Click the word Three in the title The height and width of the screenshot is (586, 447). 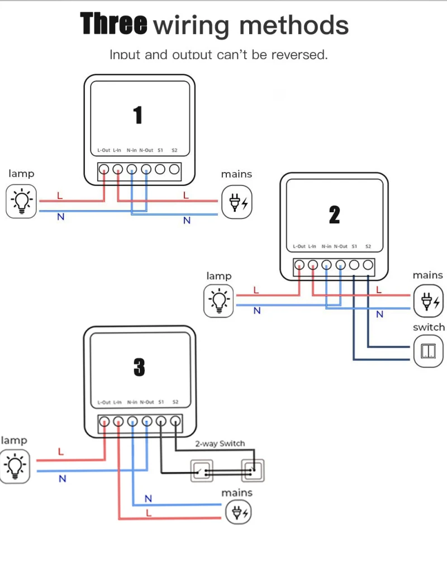pyautogui.click(x=113, y=24)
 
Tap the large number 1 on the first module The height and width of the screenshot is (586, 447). pyautogui.click(x=138, y=115)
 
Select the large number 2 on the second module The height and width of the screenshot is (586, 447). pyautogui.click(x=335, y=215)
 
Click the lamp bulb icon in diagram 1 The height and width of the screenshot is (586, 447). pyautogui.click(x=21, y=201)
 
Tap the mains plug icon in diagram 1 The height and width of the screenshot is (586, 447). pyautogui.click(x=237, y=203)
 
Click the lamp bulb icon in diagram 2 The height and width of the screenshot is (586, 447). pyautogui.click(x=218, y=301)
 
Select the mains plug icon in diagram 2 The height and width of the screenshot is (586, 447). pyautogui.click(x=429, y=301)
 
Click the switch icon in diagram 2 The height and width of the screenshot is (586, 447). pyautogui.click(x=429, y=351)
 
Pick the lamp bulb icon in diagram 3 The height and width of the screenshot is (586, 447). pyautogui.click(x=15, y=466)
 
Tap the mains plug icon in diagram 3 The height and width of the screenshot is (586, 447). pyautogui.click(x=239, y=512)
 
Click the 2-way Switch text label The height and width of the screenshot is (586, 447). pyautogui.click(x=220, y=444)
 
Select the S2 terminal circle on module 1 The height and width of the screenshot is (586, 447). pyautogui.click(x=174, y=169)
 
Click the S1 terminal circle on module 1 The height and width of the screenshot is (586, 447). pyautogui.click(x=160, y=169)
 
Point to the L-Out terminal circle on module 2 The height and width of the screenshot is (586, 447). pyautogui.click(x=299, y=265)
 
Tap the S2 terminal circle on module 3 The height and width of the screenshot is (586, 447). pyautogui.click(x=175, y=422)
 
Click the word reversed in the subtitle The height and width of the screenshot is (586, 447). pyautogui.click(x=299, y=55)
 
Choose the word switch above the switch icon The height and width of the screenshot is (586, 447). pyautogui.click(x=429, y=327)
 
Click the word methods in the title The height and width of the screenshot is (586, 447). pyautogui.click(x=294, y=25)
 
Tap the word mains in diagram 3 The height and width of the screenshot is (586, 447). pyautogui.click(x=237, y=493)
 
